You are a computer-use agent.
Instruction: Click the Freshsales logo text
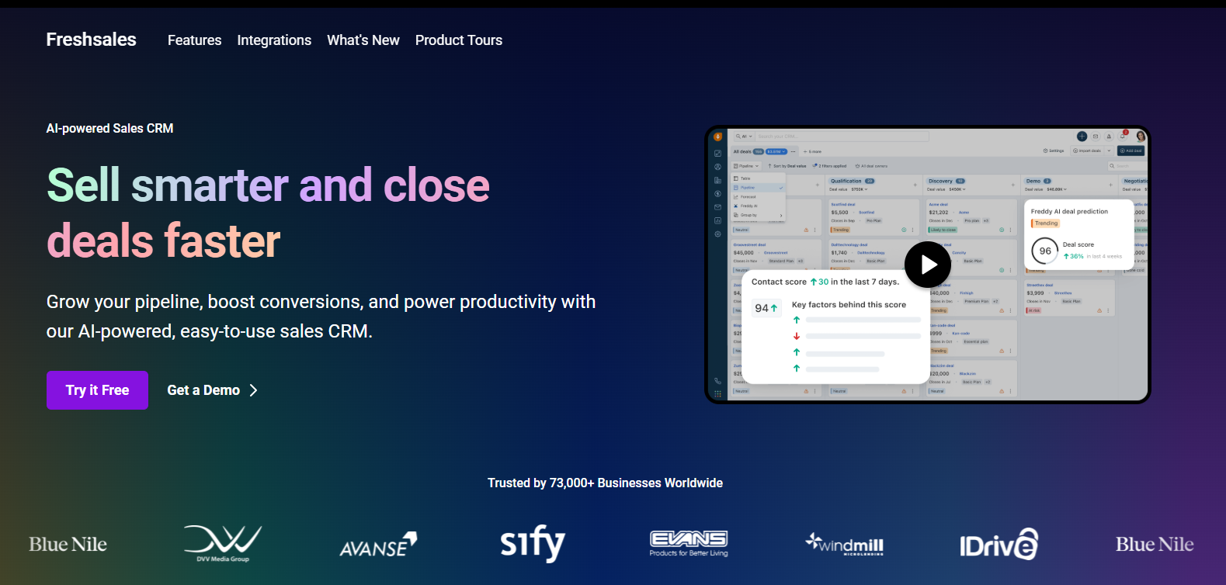click(x=91, y=40)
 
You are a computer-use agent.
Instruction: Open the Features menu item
click(x=194, y=40)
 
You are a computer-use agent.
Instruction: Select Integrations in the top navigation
click(x=274, y=40)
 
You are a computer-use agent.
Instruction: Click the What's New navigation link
click(x=363, y=40)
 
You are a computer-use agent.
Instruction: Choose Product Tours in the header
click(x=458, y=40)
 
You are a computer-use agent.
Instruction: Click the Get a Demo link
click(x=203, y=390)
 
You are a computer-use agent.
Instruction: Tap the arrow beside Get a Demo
click(x=253, y=390)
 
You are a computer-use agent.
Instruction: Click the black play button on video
click(x=927, y=265)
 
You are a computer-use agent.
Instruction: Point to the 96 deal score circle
click(x=1045, y=251)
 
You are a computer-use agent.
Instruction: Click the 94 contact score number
click(x=762, y=308)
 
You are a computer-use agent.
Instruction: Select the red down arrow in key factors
click(x=797, y=336)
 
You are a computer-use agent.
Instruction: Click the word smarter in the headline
click(x=210, y=185)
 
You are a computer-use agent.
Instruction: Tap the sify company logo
click(x=533, y=543)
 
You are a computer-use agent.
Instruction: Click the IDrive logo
click(x=999, y=545)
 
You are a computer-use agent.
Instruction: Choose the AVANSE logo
click(x=378, y=545)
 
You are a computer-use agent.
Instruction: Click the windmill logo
click(x=845, y=544)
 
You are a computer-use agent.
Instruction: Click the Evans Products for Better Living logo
click(x=689, y=543)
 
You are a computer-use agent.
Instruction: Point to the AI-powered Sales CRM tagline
click(x=109, y=129)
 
